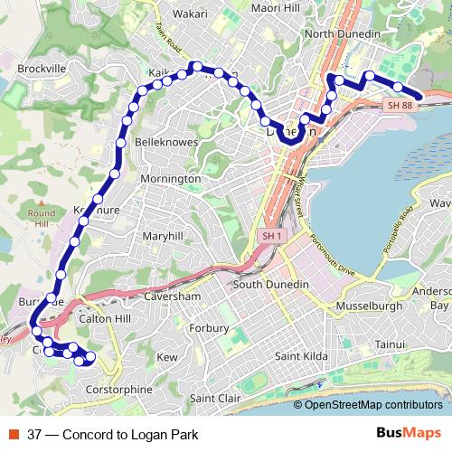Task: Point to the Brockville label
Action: tap(42, 69)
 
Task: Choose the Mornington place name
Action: tap(170, 179)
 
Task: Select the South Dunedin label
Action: tap(271, 285)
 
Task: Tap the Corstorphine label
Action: tap(118, 389)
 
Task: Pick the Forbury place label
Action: tap(211, 328)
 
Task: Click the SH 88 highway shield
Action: tap(400, 106)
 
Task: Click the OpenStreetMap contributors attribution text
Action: tap(373, 404)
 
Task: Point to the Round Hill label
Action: tap(42, 218)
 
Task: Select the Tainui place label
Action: tap(391, 344)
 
